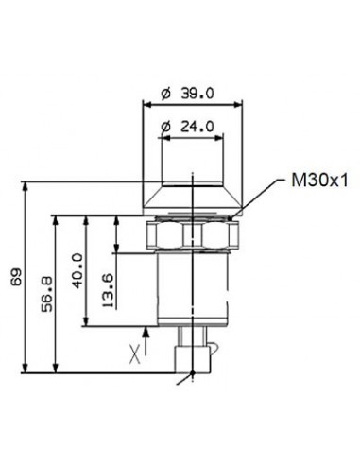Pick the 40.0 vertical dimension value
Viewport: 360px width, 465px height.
(79, 269)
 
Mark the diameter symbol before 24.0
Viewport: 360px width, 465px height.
(164, 127)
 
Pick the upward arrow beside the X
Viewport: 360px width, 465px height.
(147, 333)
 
